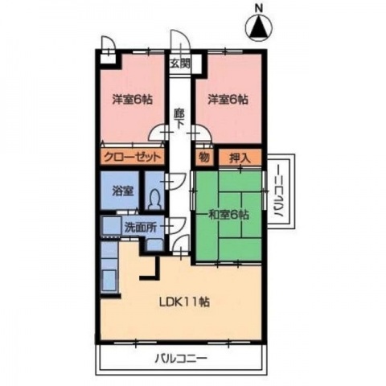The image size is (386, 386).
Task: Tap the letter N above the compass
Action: pos(259,10)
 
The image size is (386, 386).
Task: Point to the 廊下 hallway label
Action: pos(179,121)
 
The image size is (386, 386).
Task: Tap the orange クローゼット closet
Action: pos(133,156)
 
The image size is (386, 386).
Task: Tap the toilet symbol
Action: pos(156,195)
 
